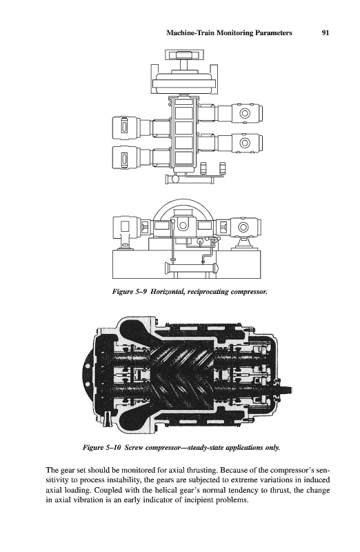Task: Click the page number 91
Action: tap(326, 32)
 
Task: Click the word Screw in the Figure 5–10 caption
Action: tap(134, 448)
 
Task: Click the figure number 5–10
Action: tap(113, 448)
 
